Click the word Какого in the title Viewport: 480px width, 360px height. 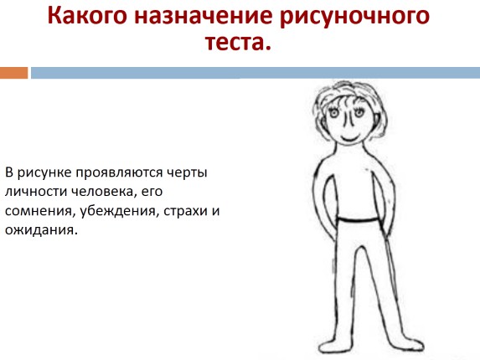click(87, 16)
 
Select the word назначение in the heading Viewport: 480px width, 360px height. click(204, 16)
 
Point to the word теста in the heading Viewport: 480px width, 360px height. click(235, 42)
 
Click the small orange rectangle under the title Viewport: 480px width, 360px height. click(13, 73)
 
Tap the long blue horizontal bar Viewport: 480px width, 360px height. click(255, 73)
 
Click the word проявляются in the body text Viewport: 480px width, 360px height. click(119, 173)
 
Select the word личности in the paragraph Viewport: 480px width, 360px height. click(36, 192)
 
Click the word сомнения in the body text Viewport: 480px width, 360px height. click(39, 211)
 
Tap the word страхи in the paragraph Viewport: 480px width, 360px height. click(185, 211)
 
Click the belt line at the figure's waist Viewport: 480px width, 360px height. click(359, 219)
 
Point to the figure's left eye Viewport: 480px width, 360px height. click(334, 113)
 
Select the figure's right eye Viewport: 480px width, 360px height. click(359, 113)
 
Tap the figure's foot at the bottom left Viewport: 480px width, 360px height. click(334, 347)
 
